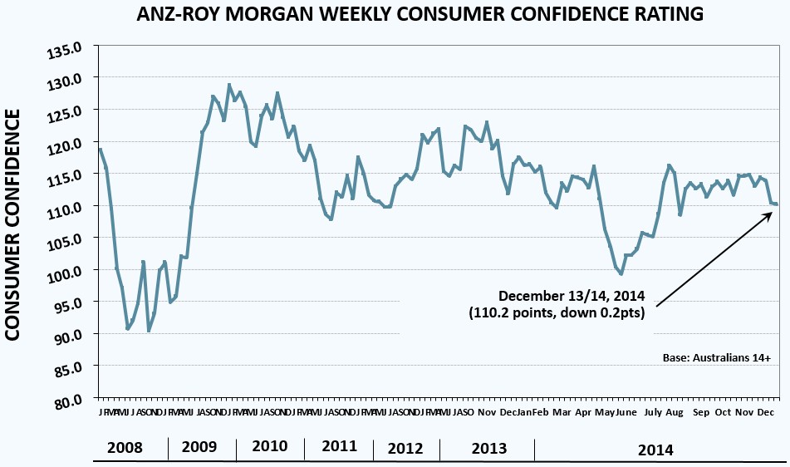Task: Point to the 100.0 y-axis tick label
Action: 69,270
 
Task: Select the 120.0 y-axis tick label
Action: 69,143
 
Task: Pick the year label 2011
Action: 339,446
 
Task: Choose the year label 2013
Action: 488,449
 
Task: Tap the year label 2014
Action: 655,450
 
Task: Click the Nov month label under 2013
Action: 488,412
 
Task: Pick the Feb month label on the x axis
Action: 539,412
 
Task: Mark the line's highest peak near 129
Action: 229,85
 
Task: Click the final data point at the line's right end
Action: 775,204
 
